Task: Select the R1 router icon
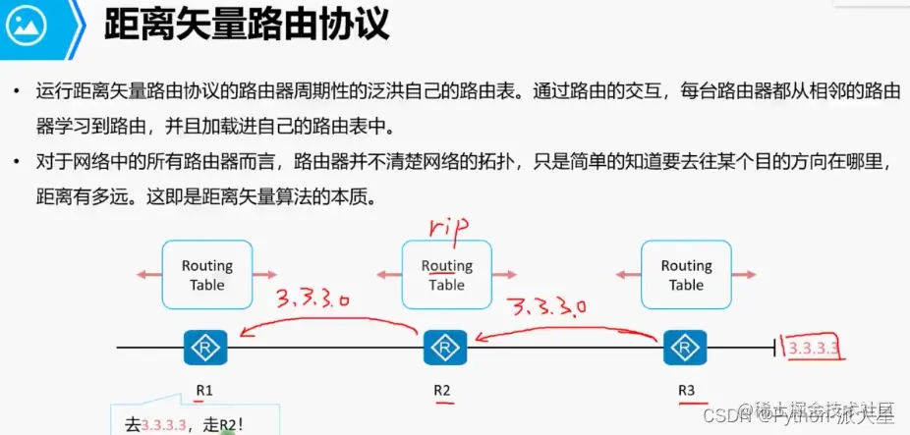[205, 347]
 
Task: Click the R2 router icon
[444, 347]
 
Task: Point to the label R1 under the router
[203, 390]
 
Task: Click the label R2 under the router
[442, 390]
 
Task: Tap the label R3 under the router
[686, 390]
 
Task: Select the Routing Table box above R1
[206, 275]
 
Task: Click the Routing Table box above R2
[446, 275]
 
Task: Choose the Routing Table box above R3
[686, 275]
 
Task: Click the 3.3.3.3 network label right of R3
[815, 348]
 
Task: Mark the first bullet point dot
[18, 92]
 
